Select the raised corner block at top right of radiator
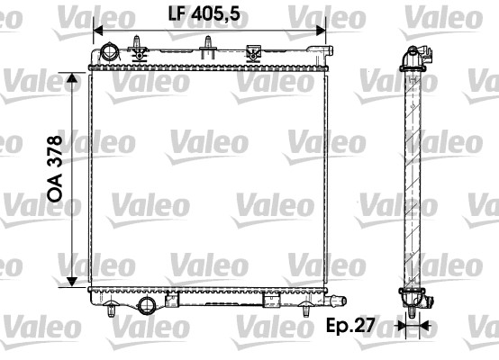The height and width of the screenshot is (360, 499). tap(321, 53)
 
